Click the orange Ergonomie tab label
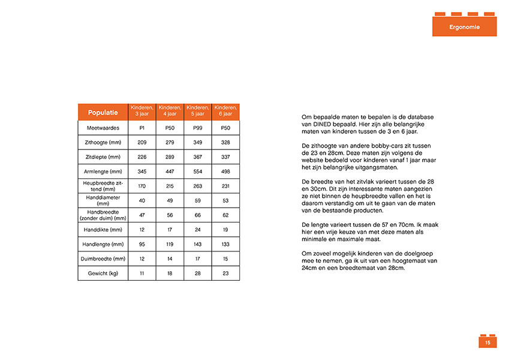tap(464, 27)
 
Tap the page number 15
tap(487, 343)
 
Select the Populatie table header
tap(103, 112)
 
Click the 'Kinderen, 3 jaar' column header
tap(141, 110)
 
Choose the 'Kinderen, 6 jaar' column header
tap(225, 110)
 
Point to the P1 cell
tap(141, 128)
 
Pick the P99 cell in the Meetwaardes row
tap(197, 128)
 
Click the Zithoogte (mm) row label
tap(103, 143)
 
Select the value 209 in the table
tap(141, 143)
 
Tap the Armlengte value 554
tap(197, 172)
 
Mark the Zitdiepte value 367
tap(197, 157)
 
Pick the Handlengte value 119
tap(169, 244)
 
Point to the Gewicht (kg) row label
tap(103, 274)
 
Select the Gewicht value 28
tap(197, 274)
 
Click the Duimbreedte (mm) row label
tap(103, 259)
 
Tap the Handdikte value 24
tap(197, 230)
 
